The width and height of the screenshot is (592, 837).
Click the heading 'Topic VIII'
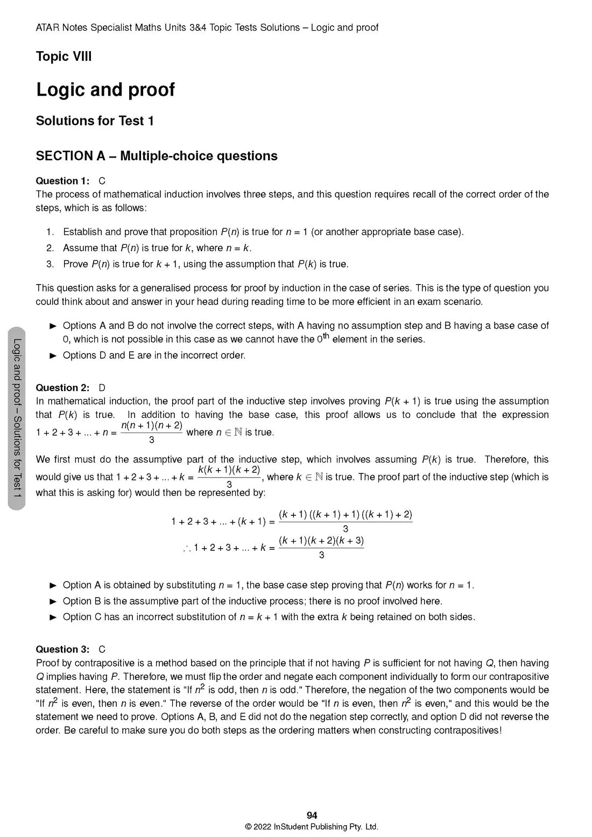pos(64,56)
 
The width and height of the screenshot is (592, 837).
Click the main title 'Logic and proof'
pos(105,89)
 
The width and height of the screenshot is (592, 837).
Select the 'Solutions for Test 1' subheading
pos(95,121)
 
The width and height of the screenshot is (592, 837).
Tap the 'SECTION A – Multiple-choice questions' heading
pos(157,156)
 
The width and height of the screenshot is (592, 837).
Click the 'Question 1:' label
pos(62,181)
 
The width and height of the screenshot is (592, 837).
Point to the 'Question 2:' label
pos(62,388)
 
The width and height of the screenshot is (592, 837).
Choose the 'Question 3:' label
pos(62,649)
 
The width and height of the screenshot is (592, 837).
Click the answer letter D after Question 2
pos(102,388)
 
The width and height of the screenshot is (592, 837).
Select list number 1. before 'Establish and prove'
pos(50,232)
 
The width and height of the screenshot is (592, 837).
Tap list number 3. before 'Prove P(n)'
pos(50,264)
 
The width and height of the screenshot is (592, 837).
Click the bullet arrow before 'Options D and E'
pos(53,356)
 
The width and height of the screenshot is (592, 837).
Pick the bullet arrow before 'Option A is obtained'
pos(53,585)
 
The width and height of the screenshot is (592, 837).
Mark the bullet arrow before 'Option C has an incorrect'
pos(53,617)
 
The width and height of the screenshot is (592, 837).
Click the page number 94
pos(312,815)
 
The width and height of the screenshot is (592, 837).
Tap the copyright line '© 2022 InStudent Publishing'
pos(312,827)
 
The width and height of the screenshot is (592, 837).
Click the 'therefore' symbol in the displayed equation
pos(187,548)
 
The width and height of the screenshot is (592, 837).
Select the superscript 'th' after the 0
pos(326,336)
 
